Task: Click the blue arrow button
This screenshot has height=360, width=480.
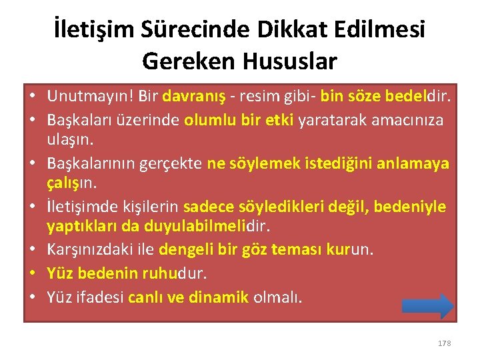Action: [428, 306]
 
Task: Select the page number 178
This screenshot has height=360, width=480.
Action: [444, 343]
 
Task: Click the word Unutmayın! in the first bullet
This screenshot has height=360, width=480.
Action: [89, 97]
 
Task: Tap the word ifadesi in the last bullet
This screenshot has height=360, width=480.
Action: [99, 296]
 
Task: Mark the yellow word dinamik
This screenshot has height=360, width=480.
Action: [217, 296]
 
